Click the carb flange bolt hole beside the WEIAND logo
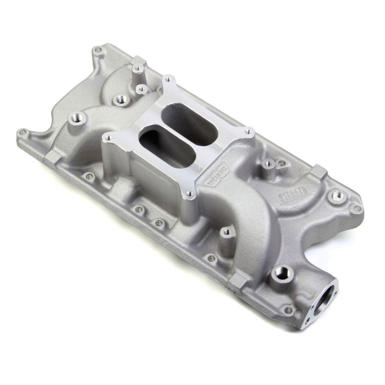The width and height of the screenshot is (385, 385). (x=189, y=194)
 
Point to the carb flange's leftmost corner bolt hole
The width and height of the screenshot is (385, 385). (x=108, y=137)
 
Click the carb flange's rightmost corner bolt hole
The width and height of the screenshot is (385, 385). (x=249, y=131)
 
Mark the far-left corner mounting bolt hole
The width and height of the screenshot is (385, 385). (x=23, y=133)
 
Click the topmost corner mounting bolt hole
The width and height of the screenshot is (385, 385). (x=98, y=50)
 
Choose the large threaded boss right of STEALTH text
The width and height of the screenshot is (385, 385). (x=337, y=196)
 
